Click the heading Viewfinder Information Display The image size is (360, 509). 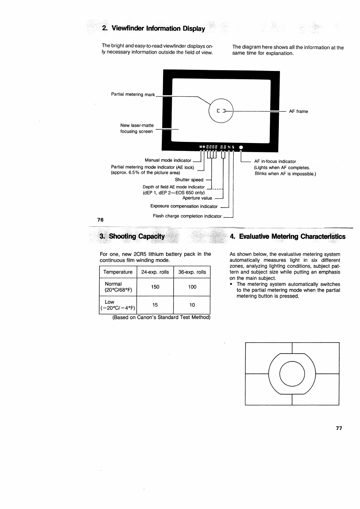[154, 29]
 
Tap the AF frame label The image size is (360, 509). [298, 111]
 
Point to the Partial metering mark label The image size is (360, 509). [133, 94]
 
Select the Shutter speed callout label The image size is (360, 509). [189, 180]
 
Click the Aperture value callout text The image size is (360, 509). [197, 198]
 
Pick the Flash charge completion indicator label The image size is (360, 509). [187, 216]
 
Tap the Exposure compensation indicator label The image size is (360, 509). [184, 206]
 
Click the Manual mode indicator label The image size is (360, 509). [168, 160]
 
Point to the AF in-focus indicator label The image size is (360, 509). [275, 161]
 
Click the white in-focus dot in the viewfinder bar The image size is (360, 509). [241, 147]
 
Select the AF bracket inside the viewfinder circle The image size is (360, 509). [221, 111]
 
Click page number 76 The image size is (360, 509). [100, 220]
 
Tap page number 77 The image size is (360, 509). [338, 428]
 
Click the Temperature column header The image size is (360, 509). [118, 272]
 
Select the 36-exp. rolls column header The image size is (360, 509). [192, 272]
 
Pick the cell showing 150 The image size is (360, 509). [155, 287]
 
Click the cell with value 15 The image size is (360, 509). [155, 305]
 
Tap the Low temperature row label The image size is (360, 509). [118, 305]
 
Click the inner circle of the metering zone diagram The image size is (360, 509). [292, 374]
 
